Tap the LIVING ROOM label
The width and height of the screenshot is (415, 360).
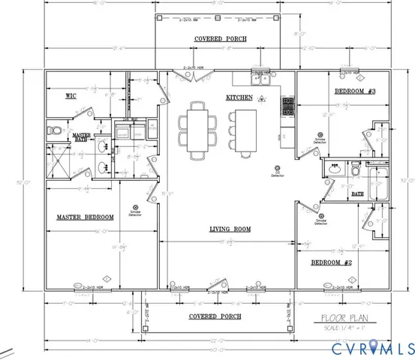click(x=230, y=229)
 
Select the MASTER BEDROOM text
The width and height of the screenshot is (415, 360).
click(x=86, y=217)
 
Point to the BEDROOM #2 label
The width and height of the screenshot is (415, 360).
click(x=332, y=262)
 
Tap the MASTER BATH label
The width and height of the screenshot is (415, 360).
click(x=81, y=137)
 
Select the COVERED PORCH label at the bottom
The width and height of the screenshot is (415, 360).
click(x=215, y=316)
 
